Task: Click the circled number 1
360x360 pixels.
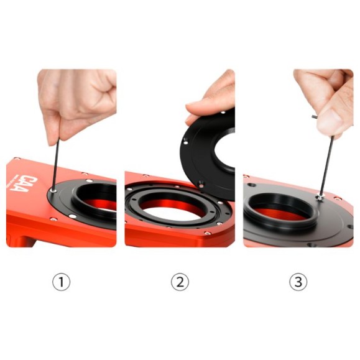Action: pyautogui.click(x=61, y=282)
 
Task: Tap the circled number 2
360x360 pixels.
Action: pyautogui.click(x=180, y=282)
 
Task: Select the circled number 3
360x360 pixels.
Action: pyautogui.click(x=298, y=282)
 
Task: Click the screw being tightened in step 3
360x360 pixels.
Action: pyautogui.click(x=318, y=197)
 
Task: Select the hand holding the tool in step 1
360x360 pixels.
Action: pyautogui.click(x=75, y=99)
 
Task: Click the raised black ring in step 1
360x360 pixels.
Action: pyautogui.click(x=93, y=199)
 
